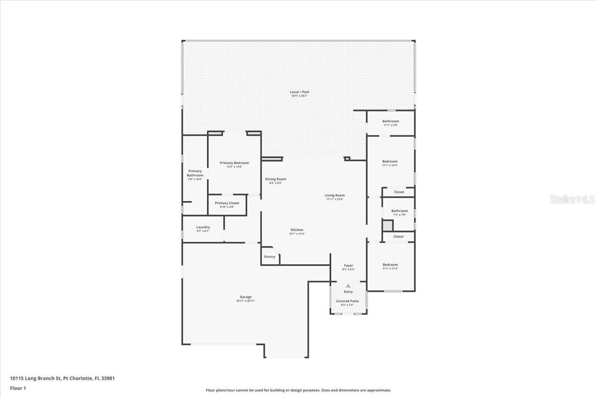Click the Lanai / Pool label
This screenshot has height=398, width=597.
296,92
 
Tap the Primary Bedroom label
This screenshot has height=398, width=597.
234,163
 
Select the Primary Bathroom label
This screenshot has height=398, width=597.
195,173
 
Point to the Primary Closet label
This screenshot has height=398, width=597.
227,203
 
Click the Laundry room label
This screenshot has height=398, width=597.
203,227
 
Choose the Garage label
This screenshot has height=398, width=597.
246,297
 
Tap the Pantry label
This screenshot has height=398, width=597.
270,257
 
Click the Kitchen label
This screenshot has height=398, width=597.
297,230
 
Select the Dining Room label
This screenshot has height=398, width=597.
276,179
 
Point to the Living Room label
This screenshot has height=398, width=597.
335,196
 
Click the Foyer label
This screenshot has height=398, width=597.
349,266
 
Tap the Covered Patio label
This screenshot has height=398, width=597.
348,301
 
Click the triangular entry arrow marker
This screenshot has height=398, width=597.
348,286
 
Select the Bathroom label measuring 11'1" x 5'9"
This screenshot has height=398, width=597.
391,121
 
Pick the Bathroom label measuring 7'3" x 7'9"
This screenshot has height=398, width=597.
399,211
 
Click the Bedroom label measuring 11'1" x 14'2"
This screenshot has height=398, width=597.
390,162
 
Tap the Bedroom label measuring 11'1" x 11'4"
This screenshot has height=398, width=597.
390,265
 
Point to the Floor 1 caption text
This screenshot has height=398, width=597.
18,388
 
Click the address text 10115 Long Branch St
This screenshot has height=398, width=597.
35,378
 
